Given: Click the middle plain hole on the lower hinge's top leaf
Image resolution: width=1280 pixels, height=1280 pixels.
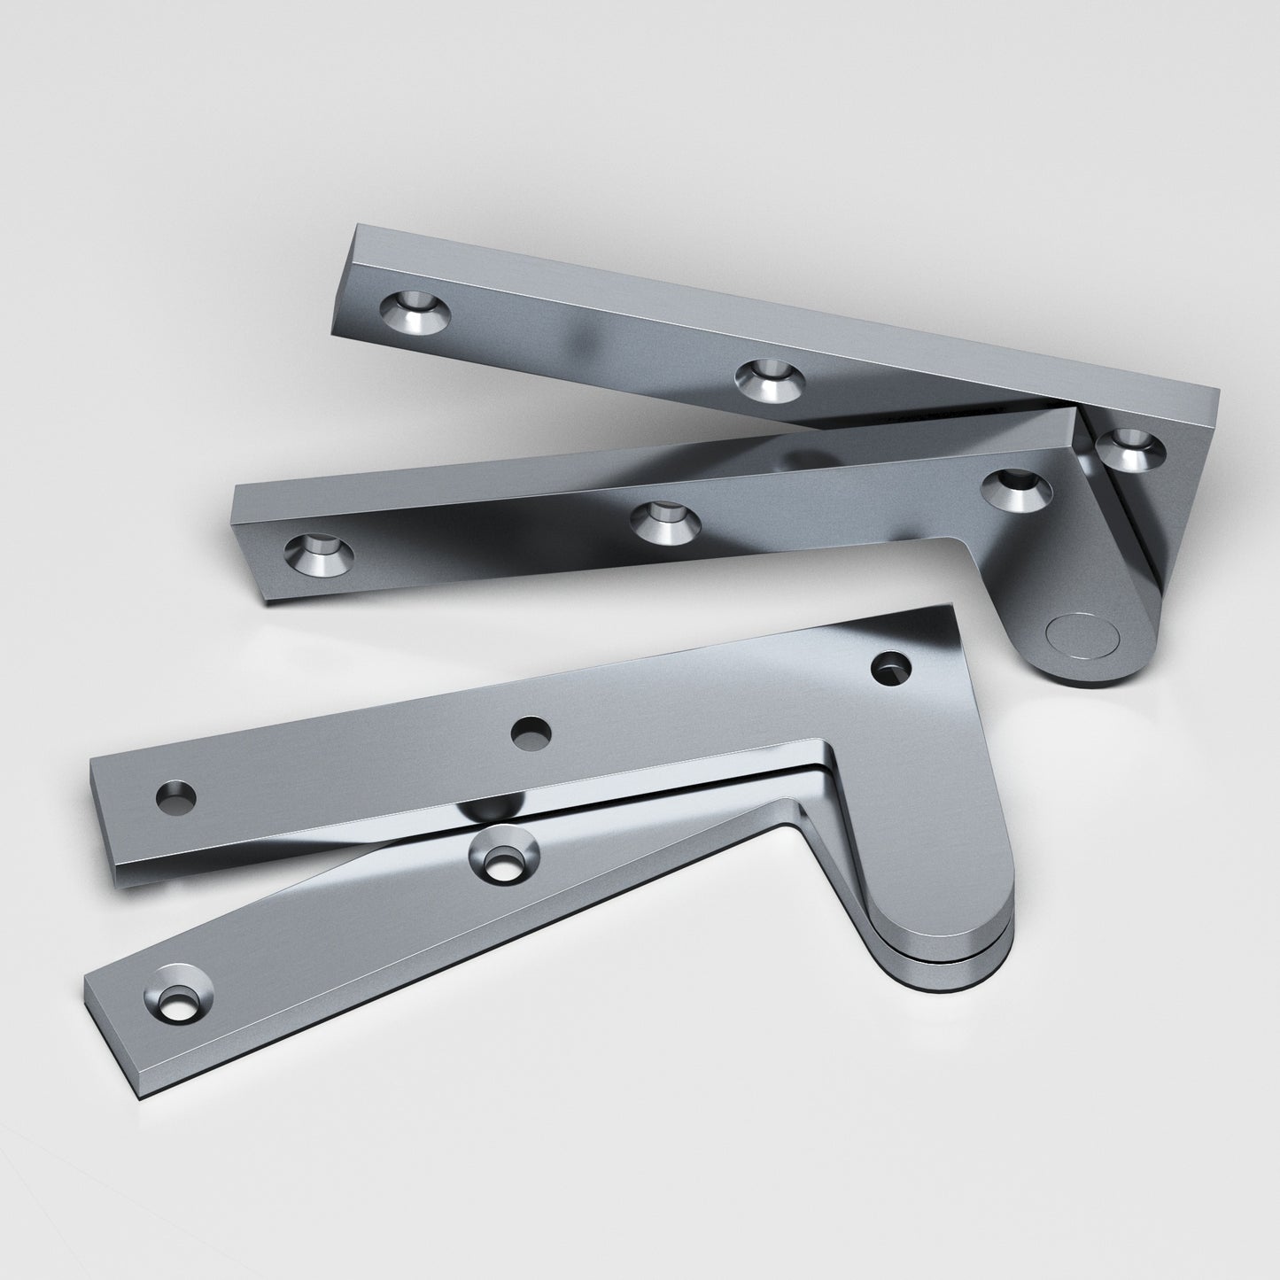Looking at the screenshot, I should (531, 733).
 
